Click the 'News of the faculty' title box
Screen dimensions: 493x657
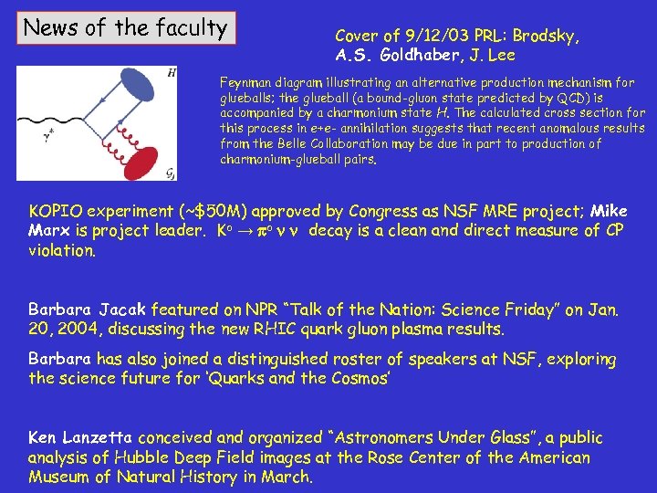[x=126, y=27]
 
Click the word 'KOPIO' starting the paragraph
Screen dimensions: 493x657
[x=58, y=212]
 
